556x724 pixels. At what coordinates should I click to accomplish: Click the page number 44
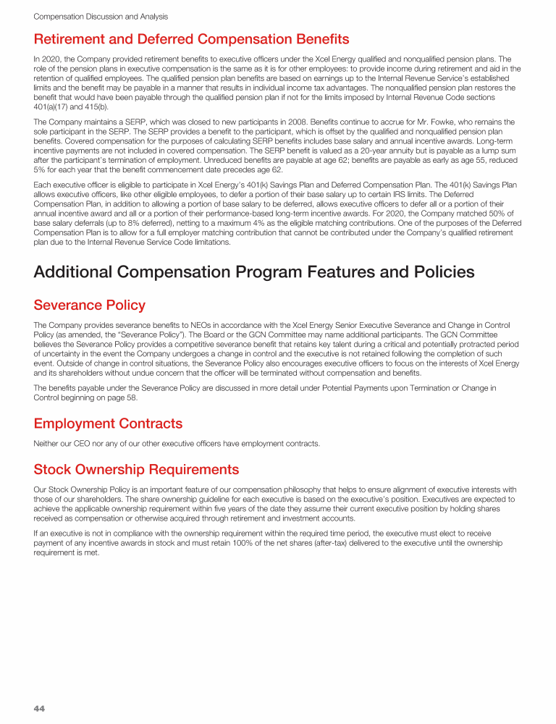click(40, 708)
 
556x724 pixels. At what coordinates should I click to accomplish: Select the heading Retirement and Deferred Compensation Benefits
click(191, 39)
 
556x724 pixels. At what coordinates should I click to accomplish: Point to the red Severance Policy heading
click(90, 306)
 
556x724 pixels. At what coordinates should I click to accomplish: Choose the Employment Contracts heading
click(108, 423)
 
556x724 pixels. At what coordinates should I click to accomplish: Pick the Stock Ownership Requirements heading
click(136, 469)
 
